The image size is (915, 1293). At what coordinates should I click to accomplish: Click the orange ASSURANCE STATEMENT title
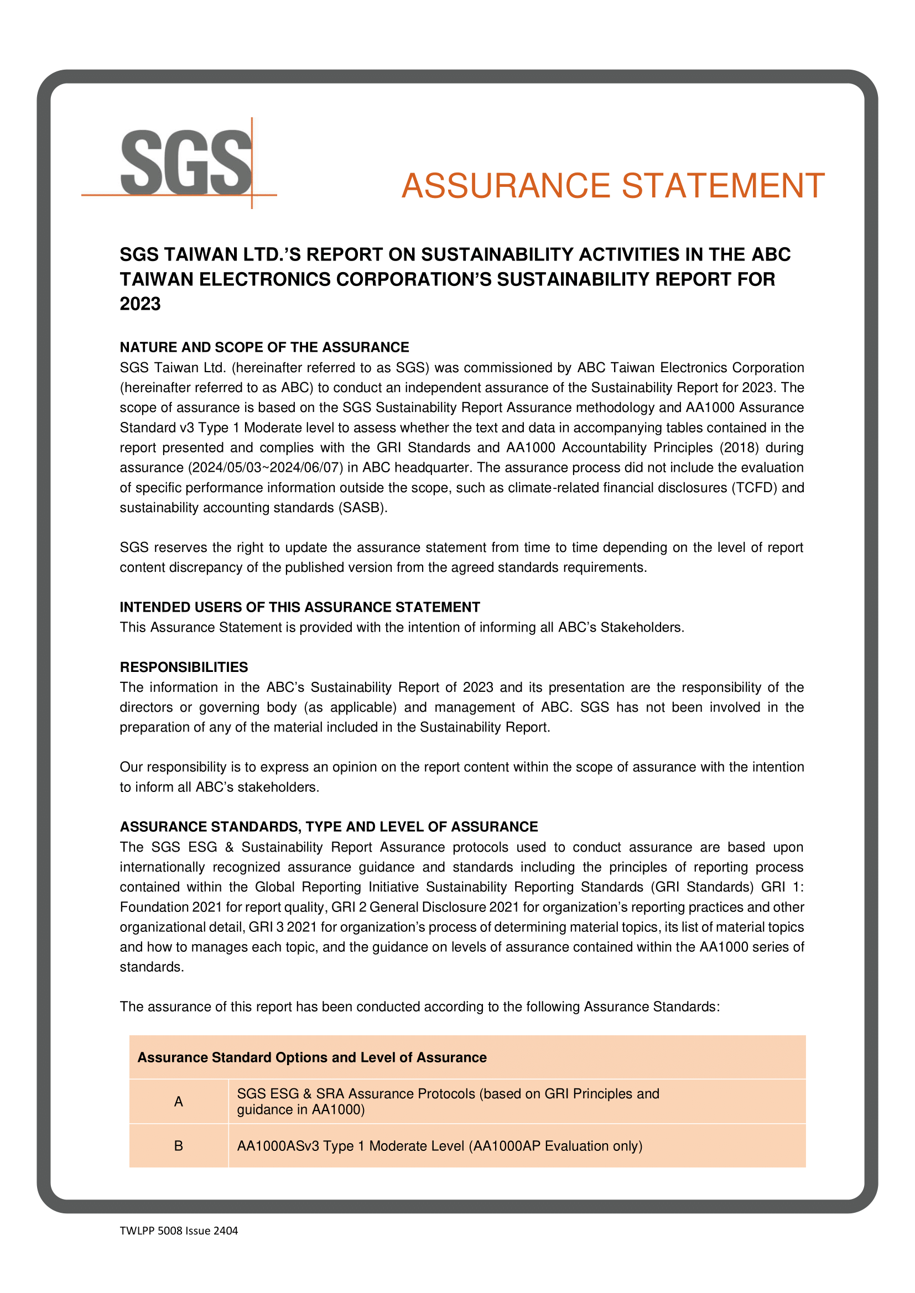(612, 186)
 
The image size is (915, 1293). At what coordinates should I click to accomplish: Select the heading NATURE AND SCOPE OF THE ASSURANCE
(264, 347)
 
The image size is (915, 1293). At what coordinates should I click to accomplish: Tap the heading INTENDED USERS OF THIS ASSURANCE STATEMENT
(300, 607)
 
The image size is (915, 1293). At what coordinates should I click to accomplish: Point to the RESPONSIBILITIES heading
(184, 668)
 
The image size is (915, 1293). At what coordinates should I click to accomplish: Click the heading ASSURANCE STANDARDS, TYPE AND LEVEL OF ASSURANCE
(329, 827)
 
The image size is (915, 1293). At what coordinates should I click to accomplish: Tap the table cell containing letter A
(179, 1102)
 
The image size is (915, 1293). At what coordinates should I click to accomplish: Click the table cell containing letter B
(179, 1146)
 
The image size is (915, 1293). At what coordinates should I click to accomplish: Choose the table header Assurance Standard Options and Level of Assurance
(311, 1057)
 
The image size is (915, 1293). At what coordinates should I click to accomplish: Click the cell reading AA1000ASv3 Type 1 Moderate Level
(439, 1146)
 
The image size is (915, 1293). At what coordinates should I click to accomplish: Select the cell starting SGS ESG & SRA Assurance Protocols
(448, 1102)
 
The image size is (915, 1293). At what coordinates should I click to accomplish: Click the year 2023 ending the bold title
(141, 304)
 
